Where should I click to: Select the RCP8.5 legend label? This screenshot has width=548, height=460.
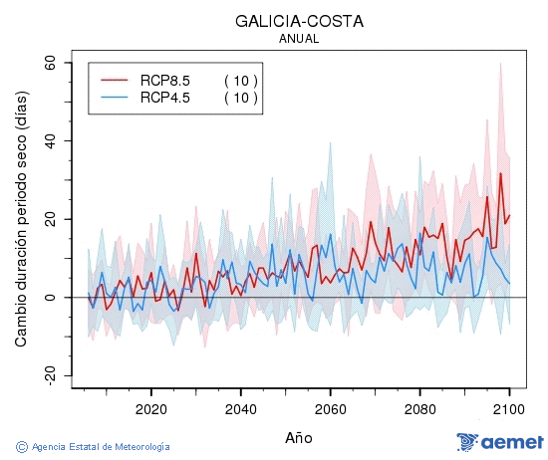164,80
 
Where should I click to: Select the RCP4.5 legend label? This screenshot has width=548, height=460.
164,97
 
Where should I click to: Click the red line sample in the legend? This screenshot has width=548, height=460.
116,80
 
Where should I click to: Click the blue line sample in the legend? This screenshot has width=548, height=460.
116,97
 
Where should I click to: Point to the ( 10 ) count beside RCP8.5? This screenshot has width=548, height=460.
240,80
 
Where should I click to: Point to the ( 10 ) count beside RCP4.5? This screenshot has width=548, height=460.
240,97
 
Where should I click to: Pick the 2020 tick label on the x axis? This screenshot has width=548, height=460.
150,408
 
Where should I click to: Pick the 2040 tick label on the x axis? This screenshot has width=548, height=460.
240,408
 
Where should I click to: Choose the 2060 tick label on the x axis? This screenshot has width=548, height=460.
330,408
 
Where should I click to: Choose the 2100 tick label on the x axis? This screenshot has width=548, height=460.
509,408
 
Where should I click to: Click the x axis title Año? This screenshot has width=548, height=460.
298,437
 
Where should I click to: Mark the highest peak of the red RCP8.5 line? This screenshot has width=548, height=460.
500,174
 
